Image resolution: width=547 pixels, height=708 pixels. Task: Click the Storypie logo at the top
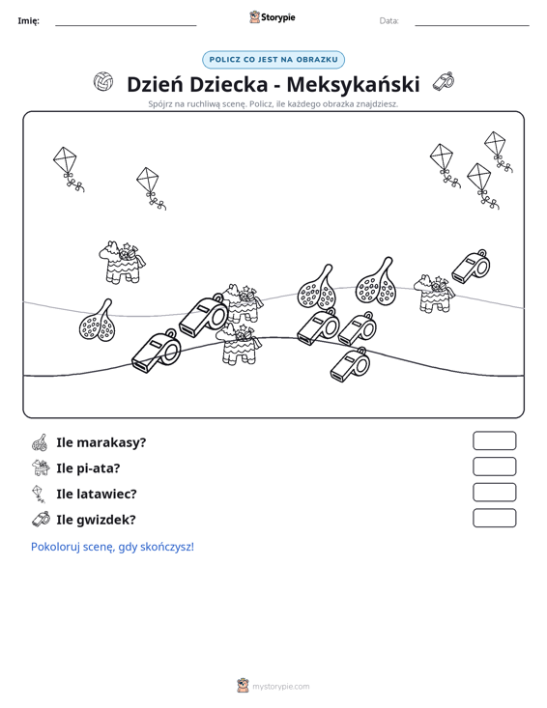tap(273, 17)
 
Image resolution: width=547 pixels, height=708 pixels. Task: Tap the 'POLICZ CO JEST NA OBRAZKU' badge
tap(273, 60)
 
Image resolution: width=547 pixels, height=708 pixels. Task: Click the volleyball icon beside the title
tap(103, 82)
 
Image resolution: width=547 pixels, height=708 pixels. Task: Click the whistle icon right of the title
tap(444, 81)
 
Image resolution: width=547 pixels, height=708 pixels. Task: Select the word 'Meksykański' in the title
tap(353, 84)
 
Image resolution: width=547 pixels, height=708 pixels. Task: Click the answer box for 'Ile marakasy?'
tap(494, 440)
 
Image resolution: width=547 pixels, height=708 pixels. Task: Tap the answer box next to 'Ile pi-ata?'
tap(494, 467)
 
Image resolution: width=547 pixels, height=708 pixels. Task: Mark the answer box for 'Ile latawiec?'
tap(494, 493)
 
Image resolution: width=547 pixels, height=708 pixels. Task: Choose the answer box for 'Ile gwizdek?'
tap(494, 518)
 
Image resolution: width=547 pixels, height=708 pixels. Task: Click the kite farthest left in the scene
tap(68, 168)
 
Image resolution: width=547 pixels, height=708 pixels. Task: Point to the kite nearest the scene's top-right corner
tap(498, 152)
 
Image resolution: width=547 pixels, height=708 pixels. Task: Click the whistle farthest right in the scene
tap(471, 267)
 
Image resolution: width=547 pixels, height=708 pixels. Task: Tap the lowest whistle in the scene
tap(350, 364)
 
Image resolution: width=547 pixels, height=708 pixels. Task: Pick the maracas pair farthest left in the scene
tap(97, 320)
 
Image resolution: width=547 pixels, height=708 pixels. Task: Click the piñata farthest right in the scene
tap(434, 293)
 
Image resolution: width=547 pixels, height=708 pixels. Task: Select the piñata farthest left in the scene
tap(122, 262)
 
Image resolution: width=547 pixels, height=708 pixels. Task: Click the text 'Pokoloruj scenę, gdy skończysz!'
tap(112, 547)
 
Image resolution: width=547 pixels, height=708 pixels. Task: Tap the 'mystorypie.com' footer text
tap(280, 687)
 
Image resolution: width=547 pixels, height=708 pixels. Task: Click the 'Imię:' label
tap(28, 21)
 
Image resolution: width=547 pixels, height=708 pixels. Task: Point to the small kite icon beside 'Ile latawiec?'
tap(39, 494)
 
